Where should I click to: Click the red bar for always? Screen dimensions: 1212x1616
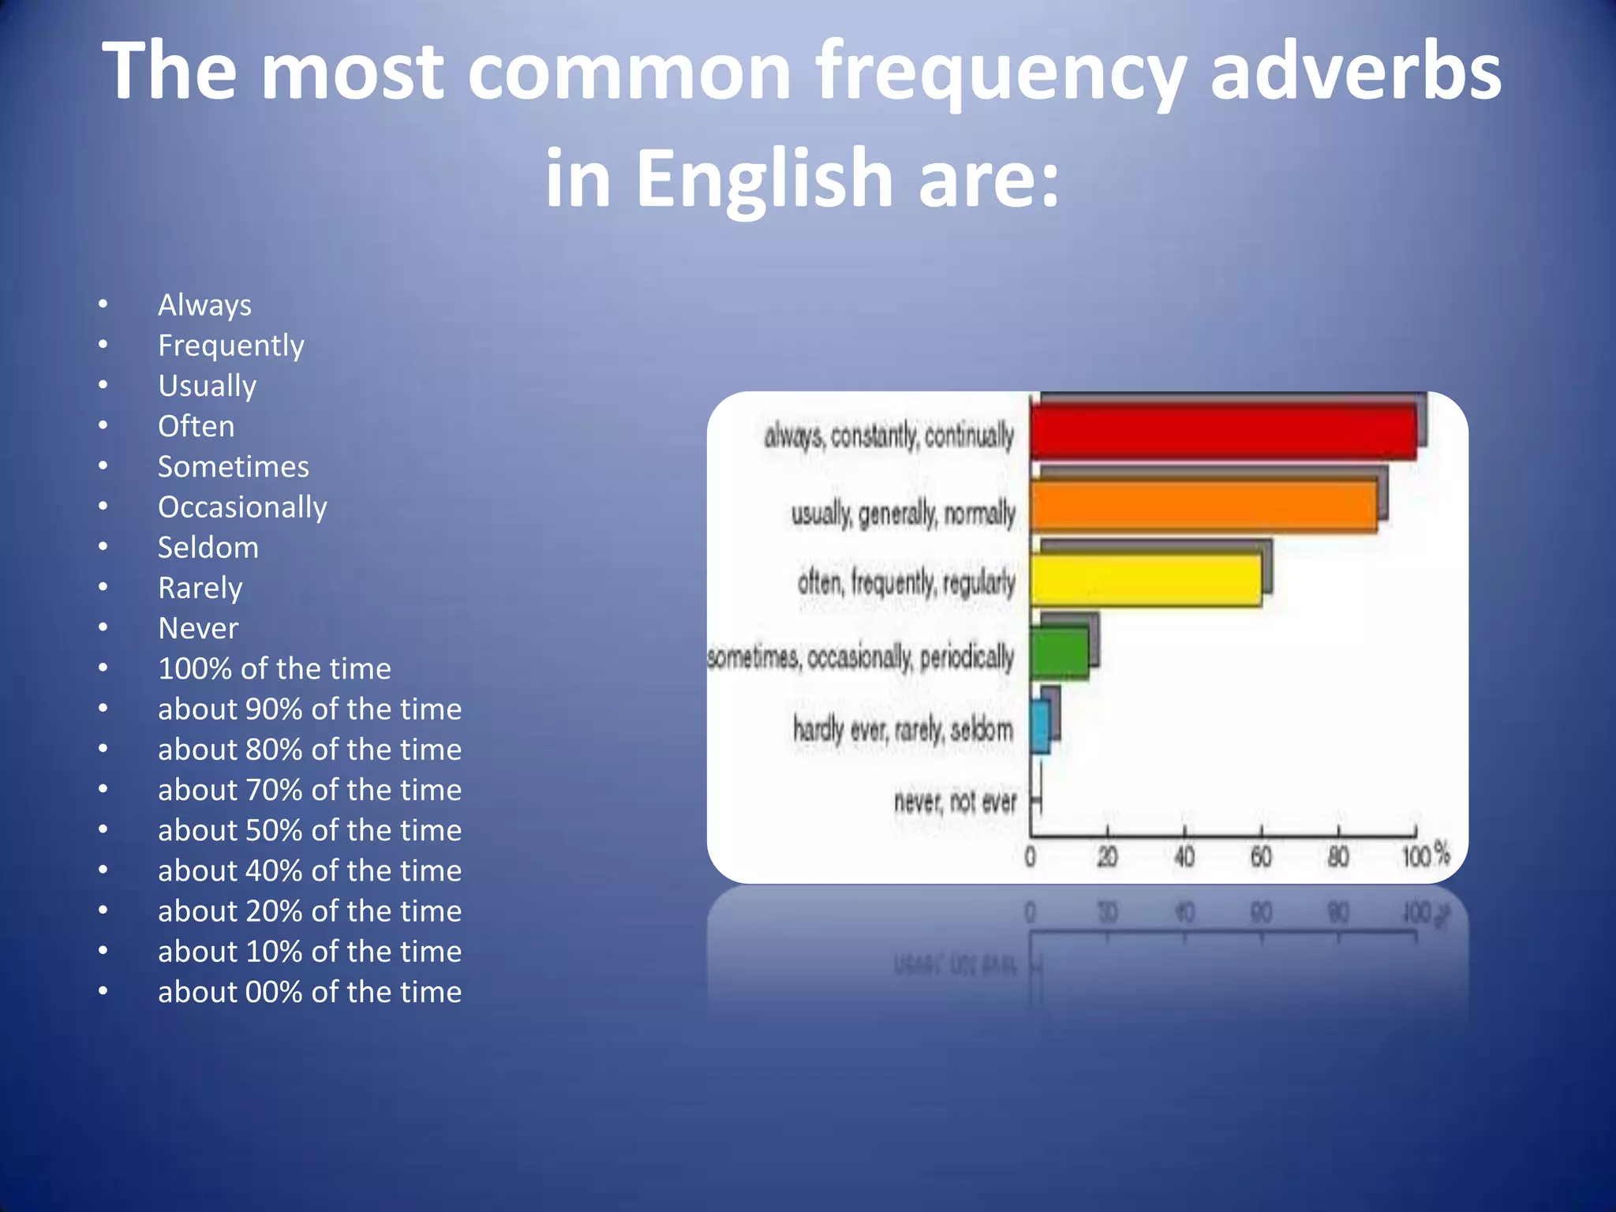coord(1223,432)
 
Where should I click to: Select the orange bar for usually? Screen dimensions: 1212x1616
coord(1203,506)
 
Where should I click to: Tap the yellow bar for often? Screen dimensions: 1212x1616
coord(1146,580)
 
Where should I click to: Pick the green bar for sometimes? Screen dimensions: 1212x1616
coord(1059,653)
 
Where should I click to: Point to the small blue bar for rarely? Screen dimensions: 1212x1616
coord(1040,727)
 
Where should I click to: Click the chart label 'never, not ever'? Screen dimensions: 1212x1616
coord(955,802)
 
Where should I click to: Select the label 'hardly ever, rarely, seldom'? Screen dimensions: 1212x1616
coord(903,730)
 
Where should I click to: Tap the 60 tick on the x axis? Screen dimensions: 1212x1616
coord(1261,856)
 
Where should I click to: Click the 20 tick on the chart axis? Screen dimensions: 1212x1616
coord(1107,856)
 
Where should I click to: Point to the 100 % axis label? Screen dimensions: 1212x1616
coord(1425,855)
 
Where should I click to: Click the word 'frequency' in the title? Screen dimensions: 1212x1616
coord(1000,73)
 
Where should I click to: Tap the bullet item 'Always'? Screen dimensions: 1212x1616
coord(204,305)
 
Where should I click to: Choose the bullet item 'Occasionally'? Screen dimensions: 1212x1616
coord(242,507)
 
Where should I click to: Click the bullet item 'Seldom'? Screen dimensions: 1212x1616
coord(208,548)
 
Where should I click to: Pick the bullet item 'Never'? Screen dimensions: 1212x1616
coord(198,629)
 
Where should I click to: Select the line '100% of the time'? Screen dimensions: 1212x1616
coord(275,669)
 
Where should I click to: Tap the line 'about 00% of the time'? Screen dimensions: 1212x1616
coord(309,993)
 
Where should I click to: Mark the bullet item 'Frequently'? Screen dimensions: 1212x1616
coord(231,346)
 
